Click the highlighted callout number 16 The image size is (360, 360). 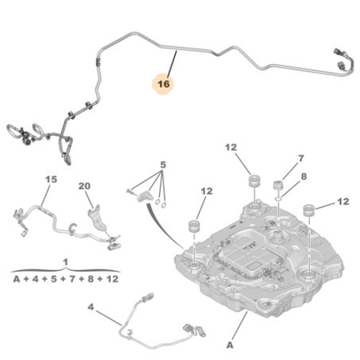click(164, 84)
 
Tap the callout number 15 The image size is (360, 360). click(51, 179)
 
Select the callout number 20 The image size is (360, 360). click(84, 186)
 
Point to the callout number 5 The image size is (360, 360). click(163, 165)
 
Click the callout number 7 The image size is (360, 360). click(301, 158)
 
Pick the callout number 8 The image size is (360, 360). click(304, 177)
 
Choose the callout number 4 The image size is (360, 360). click(91, 307)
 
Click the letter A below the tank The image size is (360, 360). click(229, 345)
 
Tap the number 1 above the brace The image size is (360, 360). click(66, 262)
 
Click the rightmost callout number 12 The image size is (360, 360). click(343, 202)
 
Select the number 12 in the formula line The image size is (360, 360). click(112, 279)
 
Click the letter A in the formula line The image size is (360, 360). click(16, 279)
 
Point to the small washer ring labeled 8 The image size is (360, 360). click(279, 198)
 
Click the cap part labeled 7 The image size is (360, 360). click(278, 184)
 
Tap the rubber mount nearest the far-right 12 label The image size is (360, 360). click(309, 209)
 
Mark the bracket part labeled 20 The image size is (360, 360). click(97, 219)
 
